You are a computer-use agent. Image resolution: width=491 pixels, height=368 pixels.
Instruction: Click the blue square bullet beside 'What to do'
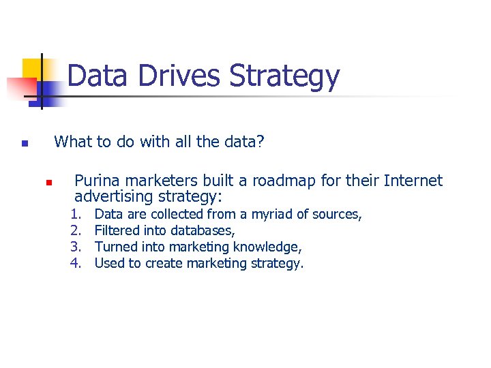24,144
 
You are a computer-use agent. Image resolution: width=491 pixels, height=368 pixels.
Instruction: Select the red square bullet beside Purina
48,183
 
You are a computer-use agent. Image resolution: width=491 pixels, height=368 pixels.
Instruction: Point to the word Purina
96,181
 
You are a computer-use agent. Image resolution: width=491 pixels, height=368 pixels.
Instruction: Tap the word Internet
413,181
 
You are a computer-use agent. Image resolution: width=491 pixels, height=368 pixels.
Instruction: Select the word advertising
114,197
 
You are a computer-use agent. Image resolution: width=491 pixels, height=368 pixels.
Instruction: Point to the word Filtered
117,231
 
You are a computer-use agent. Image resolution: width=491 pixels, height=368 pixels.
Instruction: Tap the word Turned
115,247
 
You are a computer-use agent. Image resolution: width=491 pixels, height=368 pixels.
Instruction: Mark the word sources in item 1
338,215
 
